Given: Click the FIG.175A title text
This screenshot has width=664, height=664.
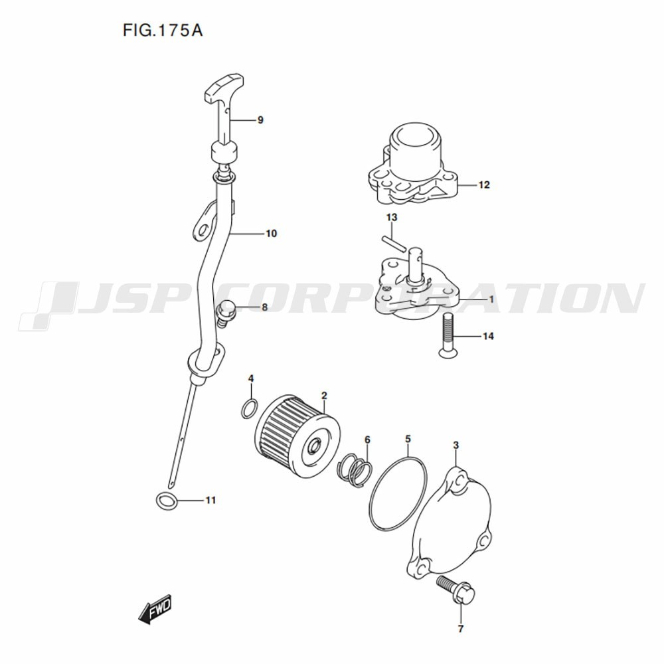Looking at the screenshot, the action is [163, 31].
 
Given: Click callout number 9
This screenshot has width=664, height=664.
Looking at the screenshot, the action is [260, 120].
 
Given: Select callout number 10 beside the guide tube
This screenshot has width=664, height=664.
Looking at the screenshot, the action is [271, 233].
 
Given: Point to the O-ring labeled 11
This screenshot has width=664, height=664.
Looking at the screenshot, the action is [167, 501].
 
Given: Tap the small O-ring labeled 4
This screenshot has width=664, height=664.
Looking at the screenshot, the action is [249, 408].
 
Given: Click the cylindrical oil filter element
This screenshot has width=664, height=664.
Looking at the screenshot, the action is [297, 436].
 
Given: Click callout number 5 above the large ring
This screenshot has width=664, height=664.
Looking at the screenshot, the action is [408, 439].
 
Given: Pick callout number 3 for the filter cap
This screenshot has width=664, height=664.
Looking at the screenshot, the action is [456, 445].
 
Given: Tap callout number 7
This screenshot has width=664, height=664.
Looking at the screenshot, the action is [461, 629].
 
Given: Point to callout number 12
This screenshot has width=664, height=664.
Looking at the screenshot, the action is [483, 185].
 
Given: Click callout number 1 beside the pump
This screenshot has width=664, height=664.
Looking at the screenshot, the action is [491, 299].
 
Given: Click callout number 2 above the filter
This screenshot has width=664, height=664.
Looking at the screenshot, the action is [324, 396].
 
